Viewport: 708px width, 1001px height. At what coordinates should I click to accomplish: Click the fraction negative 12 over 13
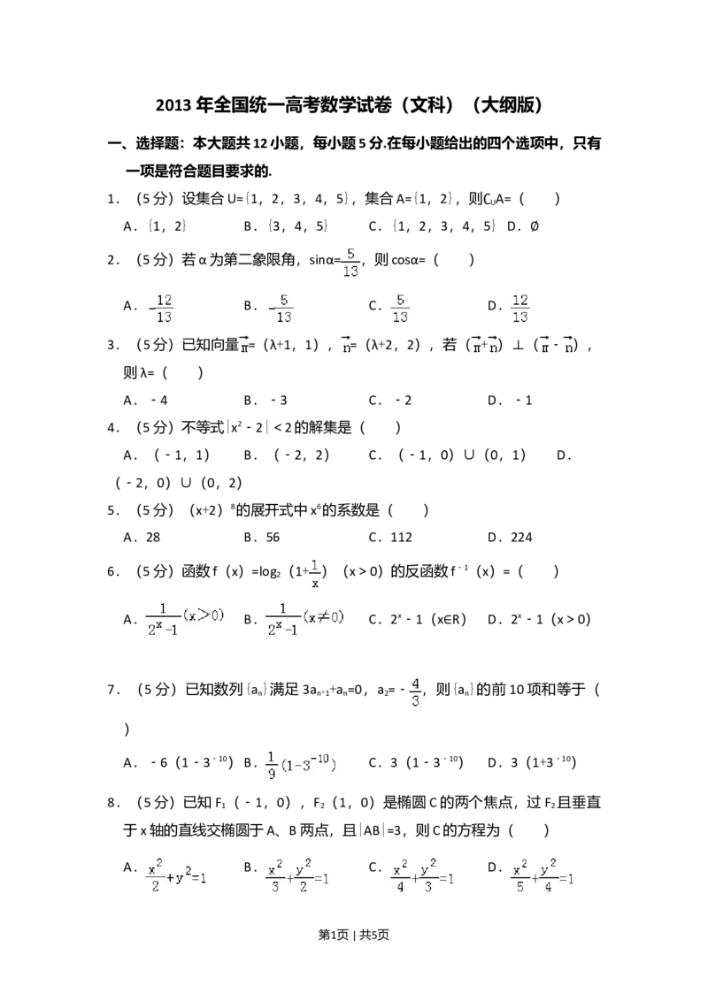click(x=159, y=308)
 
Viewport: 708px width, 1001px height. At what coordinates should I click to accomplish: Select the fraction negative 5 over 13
click(x=280, y=308)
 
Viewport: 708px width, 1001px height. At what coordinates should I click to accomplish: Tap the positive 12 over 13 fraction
click(x=520, y=308)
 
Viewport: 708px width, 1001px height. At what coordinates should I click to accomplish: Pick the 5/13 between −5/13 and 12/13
click(x=400, y=308)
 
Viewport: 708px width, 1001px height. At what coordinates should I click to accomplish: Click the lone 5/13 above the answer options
click(x=351, y=263)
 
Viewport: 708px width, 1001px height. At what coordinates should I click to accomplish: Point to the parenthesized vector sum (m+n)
click(x=485, y=347)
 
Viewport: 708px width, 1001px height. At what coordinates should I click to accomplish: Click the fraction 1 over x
click(x=315, y=573)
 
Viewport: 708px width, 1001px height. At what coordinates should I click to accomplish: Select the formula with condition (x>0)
click(x=187, y=619)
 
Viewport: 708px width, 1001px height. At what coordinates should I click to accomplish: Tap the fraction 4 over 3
click(x=415, y=692)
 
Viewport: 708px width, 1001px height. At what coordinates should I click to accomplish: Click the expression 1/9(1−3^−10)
click(x=301, y=765)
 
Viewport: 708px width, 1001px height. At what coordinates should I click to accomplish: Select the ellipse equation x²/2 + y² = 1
click(x=177, y=877)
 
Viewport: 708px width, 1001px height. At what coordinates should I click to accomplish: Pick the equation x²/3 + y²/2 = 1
click(x=297, y=877)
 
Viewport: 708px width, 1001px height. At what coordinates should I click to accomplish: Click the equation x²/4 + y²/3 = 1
click(x=425, y=877)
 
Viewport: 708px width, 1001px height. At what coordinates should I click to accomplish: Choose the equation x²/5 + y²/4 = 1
click(x=545, y=877)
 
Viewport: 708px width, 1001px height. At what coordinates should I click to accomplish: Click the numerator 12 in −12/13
click(x=164, y=300)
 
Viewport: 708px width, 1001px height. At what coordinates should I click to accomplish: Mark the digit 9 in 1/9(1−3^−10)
click(x=271, y=774)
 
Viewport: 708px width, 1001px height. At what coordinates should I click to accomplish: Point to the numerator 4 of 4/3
click(x=416, y=683)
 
